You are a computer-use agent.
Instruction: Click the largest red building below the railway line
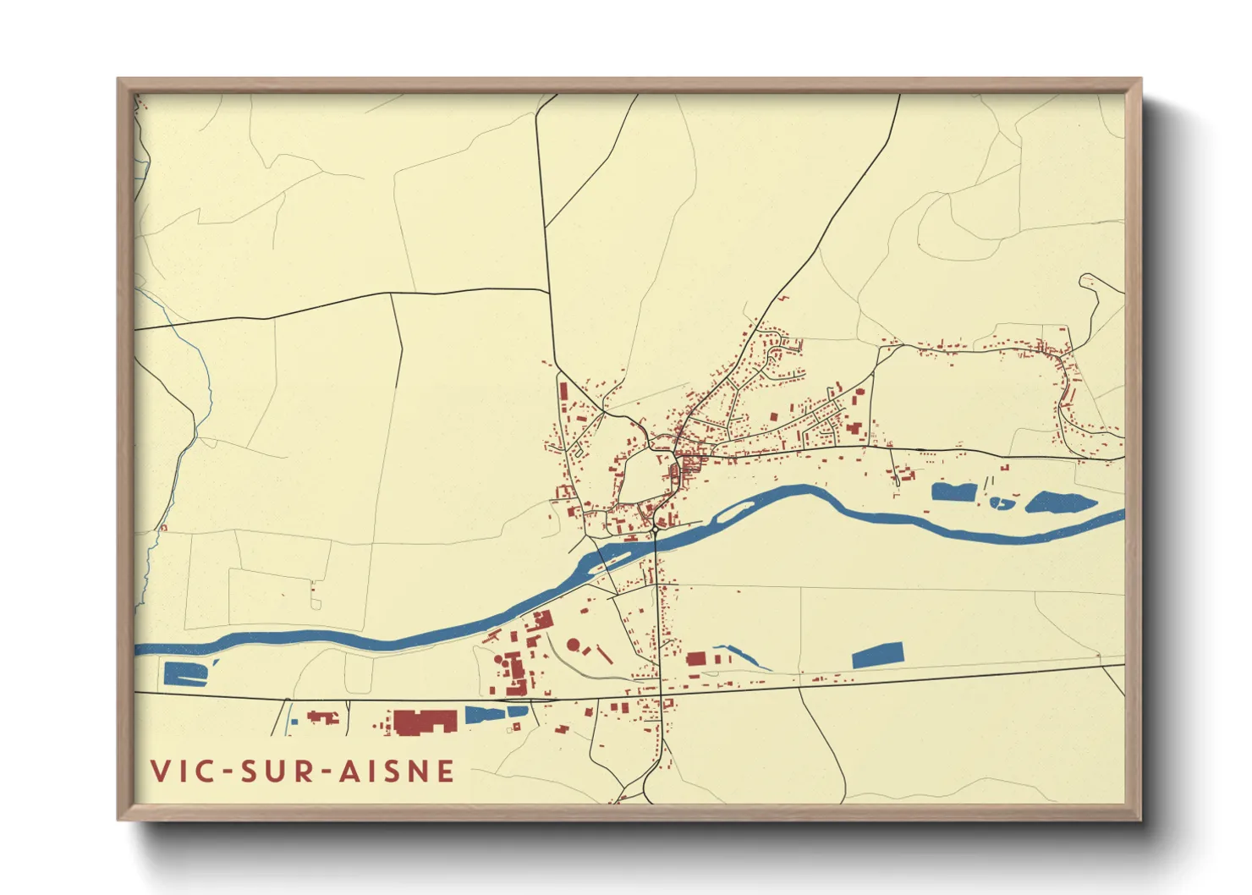tap(425, 722)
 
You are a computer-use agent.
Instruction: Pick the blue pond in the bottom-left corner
tap(184, 673)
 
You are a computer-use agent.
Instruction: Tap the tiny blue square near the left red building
tap(294, 722)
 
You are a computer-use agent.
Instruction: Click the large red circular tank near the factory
tap(574, 645)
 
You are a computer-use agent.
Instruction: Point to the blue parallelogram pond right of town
tap(877, 656)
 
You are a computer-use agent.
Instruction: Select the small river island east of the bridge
tap(734, 509)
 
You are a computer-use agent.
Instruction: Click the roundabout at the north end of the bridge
tap(656, 530)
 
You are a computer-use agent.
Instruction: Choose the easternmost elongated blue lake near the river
tap(1060, 503)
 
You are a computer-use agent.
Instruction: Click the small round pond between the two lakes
tap(1002, 503)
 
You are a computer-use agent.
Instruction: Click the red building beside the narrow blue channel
tap(696, 659)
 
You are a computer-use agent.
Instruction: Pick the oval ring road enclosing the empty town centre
tap(649, 478)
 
